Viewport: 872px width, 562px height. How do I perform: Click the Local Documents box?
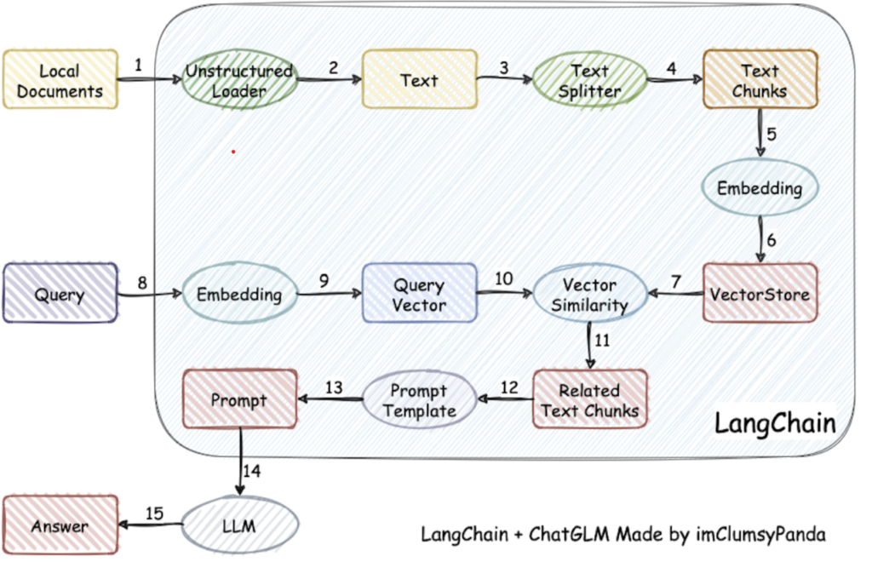point(60,79)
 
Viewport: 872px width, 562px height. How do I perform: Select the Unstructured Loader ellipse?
point(239,81)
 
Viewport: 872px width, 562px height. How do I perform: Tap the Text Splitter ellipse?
point(589,81)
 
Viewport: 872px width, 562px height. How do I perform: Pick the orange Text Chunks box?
point(760,79)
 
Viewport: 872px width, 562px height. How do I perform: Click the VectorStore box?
point(760,293)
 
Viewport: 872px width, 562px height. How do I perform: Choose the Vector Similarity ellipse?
point(589,294)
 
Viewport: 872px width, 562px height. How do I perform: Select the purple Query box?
point(60,294)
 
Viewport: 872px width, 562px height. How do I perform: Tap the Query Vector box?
point(419,294)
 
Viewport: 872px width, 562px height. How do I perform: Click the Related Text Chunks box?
point(589,399)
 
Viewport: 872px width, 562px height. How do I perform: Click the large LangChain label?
point(773,423)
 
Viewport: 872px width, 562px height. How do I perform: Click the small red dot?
point(232,152)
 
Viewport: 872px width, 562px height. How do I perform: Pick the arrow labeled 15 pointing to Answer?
point(152,524)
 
